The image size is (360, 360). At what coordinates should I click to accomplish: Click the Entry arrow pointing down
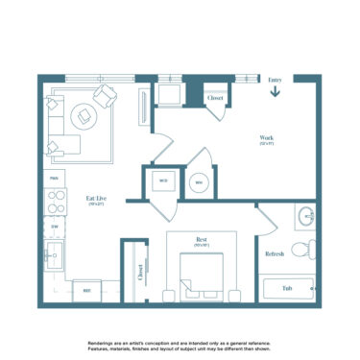point(275,93)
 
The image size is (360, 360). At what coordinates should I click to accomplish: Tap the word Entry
point(275,81)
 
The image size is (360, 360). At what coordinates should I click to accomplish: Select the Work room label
point(266,138)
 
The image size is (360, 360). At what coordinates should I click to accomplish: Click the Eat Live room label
point(95,200)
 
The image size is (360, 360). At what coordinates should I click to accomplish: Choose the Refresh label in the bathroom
point(274,253)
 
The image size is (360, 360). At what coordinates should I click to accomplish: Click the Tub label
point(287,287)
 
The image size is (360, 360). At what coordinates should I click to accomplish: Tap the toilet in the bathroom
point(302,250)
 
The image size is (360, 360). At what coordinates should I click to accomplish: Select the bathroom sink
point(304,217)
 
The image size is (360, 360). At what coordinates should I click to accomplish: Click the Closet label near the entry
point(215,97)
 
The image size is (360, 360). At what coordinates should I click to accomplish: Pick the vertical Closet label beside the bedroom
point(139,273)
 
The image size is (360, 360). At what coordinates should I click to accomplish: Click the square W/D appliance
point(162,180)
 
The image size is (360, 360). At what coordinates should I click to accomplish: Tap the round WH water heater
point(199,181)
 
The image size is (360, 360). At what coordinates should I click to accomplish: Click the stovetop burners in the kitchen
point(55,203)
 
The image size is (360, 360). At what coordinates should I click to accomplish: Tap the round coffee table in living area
point(87,115)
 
